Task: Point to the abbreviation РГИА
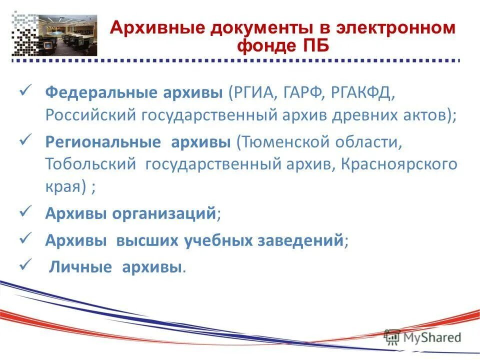pyautogui.click(x=256, y=92)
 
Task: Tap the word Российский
pyautogui.click(x=90, y=115)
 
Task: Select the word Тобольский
pyautogui.click(x=89, y=164)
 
